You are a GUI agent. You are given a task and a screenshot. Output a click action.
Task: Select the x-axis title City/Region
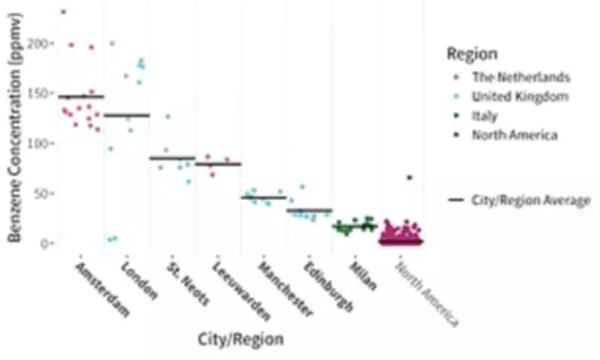click(241, 339)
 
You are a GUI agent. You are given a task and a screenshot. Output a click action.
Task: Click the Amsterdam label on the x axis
click(103, 289)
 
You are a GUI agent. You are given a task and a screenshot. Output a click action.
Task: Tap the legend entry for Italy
click(484, 115)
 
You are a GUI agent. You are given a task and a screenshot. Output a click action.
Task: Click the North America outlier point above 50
click(409, 177)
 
